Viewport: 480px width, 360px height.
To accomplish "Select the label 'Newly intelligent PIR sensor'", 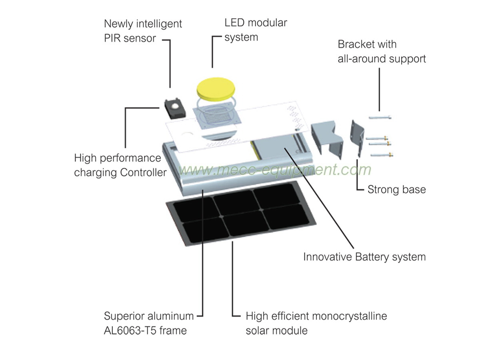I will click(x=143, y=31).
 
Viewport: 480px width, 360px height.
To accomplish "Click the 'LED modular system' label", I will click(x=255, y=30).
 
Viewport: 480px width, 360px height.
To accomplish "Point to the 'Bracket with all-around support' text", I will click(x=382, y=51).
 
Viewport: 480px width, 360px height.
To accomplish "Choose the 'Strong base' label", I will click(x=396, y=189).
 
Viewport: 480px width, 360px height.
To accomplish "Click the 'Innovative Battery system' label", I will click(x=364, y=256).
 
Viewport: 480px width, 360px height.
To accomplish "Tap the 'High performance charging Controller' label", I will click(x=120, y=165).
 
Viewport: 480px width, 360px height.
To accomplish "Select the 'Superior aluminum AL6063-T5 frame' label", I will click(x=148, y=323).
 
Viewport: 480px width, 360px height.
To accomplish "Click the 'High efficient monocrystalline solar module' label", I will click(x=316, y=323).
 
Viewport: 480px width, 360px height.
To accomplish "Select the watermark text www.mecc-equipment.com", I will click(x=275, y=170).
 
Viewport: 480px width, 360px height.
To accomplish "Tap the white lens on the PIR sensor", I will click(x=175, y=106).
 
